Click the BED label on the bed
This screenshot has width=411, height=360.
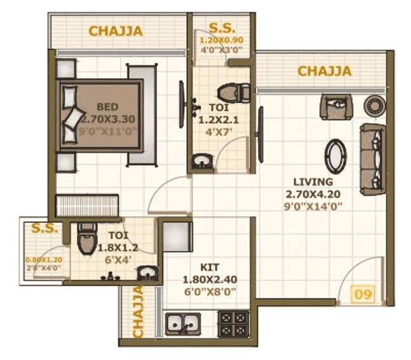pos(107,106)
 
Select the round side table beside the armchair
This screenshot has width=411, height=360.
pos(373,104)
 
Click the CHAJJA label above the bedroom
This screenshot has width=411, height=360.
pos(115,30)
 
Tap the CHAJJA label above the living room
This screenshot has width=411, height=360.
pos(324,70)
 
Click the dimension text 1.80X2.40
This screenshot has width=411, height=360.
pos(210,279)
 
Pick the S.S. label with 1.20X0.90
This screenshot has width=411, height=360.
pos(222,28)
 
